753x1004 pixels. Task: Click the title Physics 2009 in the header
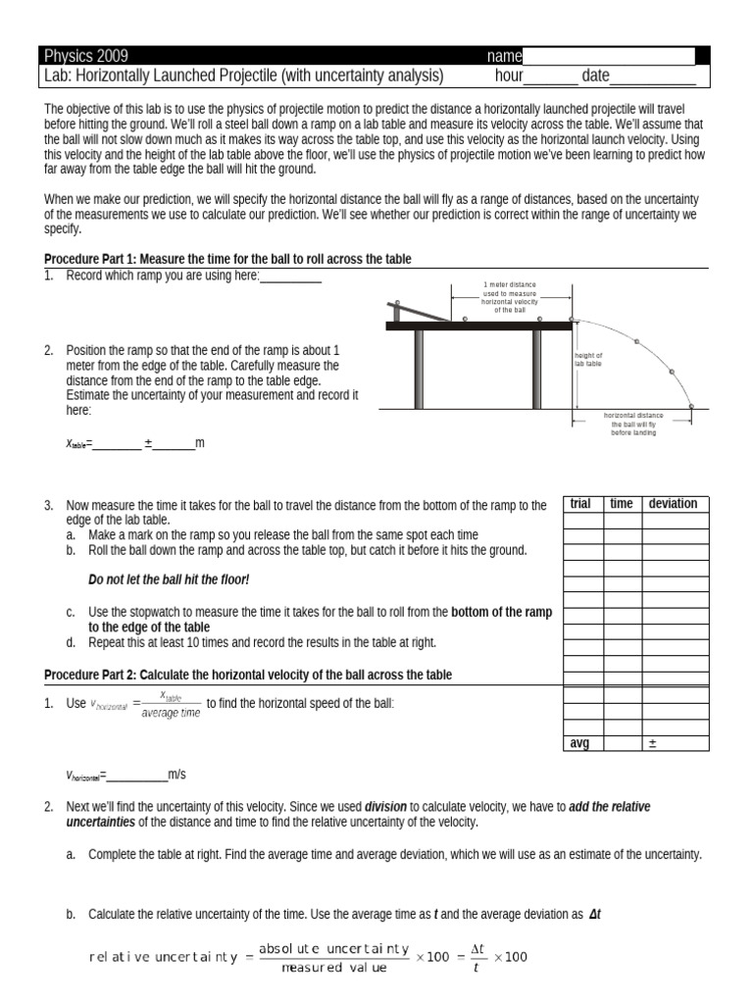point(87,56)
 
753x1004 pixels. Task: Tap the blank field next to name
point(609,56)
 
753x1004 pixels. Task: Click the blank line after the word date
point(653,76)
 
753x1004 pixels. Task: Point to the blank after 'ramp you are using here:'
point(291,277)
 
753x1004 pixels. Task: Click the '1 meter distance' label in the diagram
point(510,296)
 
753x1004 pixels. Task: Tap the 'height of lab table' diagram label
point(588,359)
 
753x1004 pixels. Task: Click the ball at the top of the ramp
point(396,303)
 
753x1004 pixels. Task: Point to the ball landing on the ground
point(691,405)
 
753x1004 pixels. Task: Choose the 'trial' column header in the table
point(580,504)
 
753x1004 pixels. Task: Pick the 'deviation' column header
point(674,504)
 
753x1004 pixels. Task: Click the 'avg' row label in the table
point(580,743)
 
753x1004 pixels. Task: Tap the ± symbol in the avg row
point(651,743)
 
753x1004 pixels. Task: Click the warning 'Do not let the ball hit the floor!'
point(169,580)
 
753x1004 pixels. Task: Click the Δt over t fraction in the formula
point(476,957)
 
